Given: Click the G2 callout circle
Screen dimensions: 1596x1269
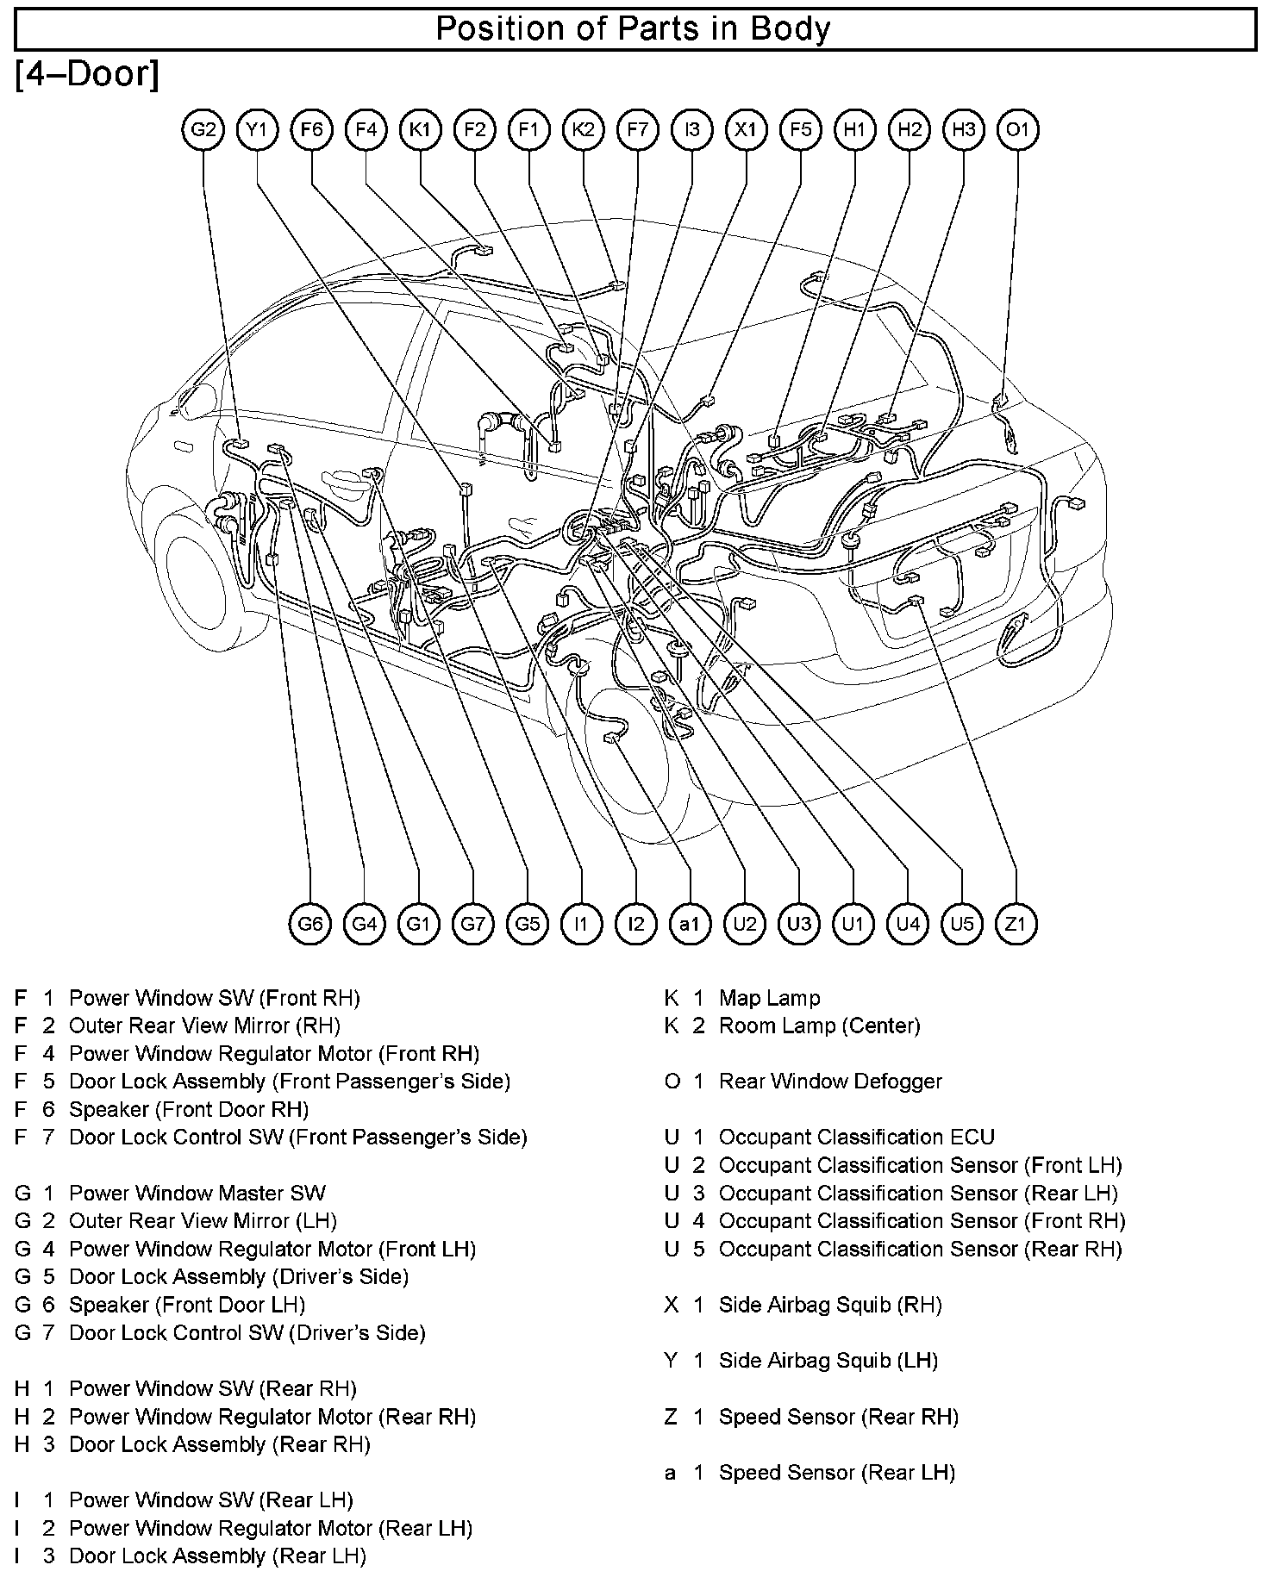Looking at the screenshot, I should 203,130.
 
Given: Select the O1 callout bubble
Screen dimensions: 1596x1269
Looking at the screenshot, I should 1018,130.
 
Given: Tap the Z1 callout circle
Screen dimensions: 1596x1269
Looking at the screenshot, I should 1016,925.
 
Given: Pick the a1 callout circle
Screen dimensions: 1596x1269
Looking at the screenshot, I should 690,925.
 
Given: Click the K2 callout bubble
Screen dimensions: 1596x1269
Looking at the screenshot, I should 584,130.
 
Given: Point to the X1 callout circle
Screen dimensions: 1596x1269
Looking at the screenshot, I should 747,130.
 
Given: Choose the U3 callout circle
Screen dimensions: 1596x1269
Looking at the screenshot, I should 798,925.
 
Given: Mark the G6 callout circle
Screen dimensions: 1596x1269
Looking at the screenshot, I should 310,925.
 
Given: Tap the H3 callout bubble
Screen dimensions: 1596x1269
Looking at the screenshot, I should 964,130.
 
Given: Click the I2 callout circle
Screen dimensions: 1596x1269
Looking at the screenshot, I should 635,925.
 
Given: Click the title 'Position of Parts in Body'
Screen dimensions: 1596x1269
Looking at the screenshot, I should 634,29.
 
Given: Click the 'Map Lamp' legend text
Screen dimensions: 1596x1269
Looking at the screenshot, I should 769,998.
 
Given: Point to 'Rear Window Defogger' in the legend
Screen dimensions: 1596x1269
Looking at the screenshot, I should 830,1082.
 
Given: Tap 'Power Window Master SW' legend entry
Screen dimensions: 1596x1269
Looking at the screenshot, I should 197,1194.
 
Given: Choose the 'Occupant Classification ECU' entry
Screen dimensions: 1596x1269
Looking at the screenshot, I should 856,1138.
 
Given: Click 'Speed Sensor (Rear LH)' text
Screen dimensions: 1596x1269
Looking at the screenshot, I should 837,1473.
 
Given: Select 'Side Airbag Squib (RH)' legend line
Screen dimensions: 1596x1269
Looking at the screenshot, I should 830,1305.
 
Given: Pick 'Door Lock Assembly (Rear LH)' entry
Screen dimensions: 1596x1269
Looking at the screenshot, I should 217,1556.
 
